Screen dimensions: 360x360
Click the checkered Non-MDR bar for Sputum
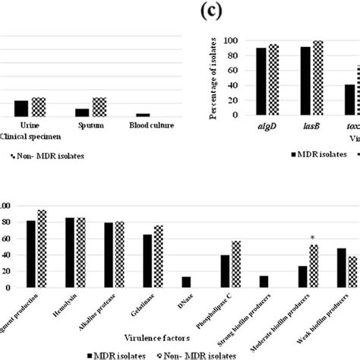(99, 106)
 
